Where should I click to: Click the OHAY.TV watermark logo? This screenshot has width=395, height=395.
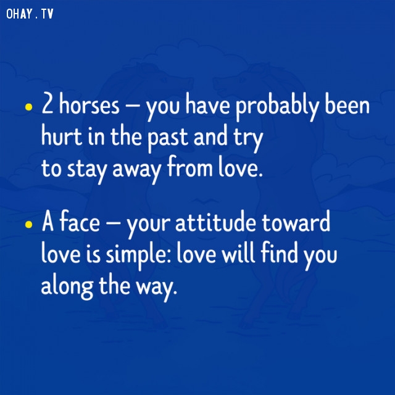(x=30, y=14)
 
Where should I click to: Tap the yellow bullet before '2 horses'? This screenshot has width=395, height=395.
(x=29, y=107)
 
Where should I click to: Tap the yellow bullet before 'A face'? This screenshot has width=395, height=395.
(x=29, y=224)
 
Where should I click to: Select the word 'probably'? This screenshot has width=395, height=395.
(x=277, y=106)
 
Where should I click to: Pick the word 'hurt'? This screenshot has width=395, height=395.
(x=62, y=135)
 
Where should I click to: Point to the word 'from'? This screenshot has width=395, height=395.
(x=190, y=166)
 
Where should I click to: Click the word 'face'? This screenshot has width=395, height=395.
(x=80, y=221)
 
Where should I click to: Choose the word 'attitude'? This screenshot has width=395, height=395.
(x=215, y=221)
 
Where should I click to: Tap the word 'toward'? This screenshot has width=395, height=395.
(x=296, y=221)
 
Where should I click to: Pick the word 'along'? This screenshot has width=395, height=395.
(x=67, y=286)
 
